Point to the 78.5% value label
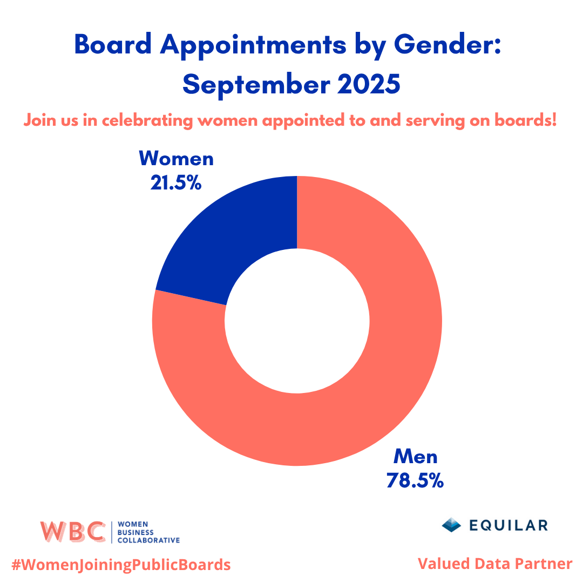(x=415, y=480)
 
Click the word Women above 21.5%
(x=176, y=159)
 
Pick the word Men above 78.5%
(x=415, y=457)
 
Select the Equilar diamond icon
(x=451, y=525)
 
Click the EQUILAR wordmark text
(x=509, y=525)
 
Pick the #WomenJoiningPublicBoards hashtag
(x=121, y=565)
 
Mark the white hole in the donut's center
(x=297, y=321)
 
